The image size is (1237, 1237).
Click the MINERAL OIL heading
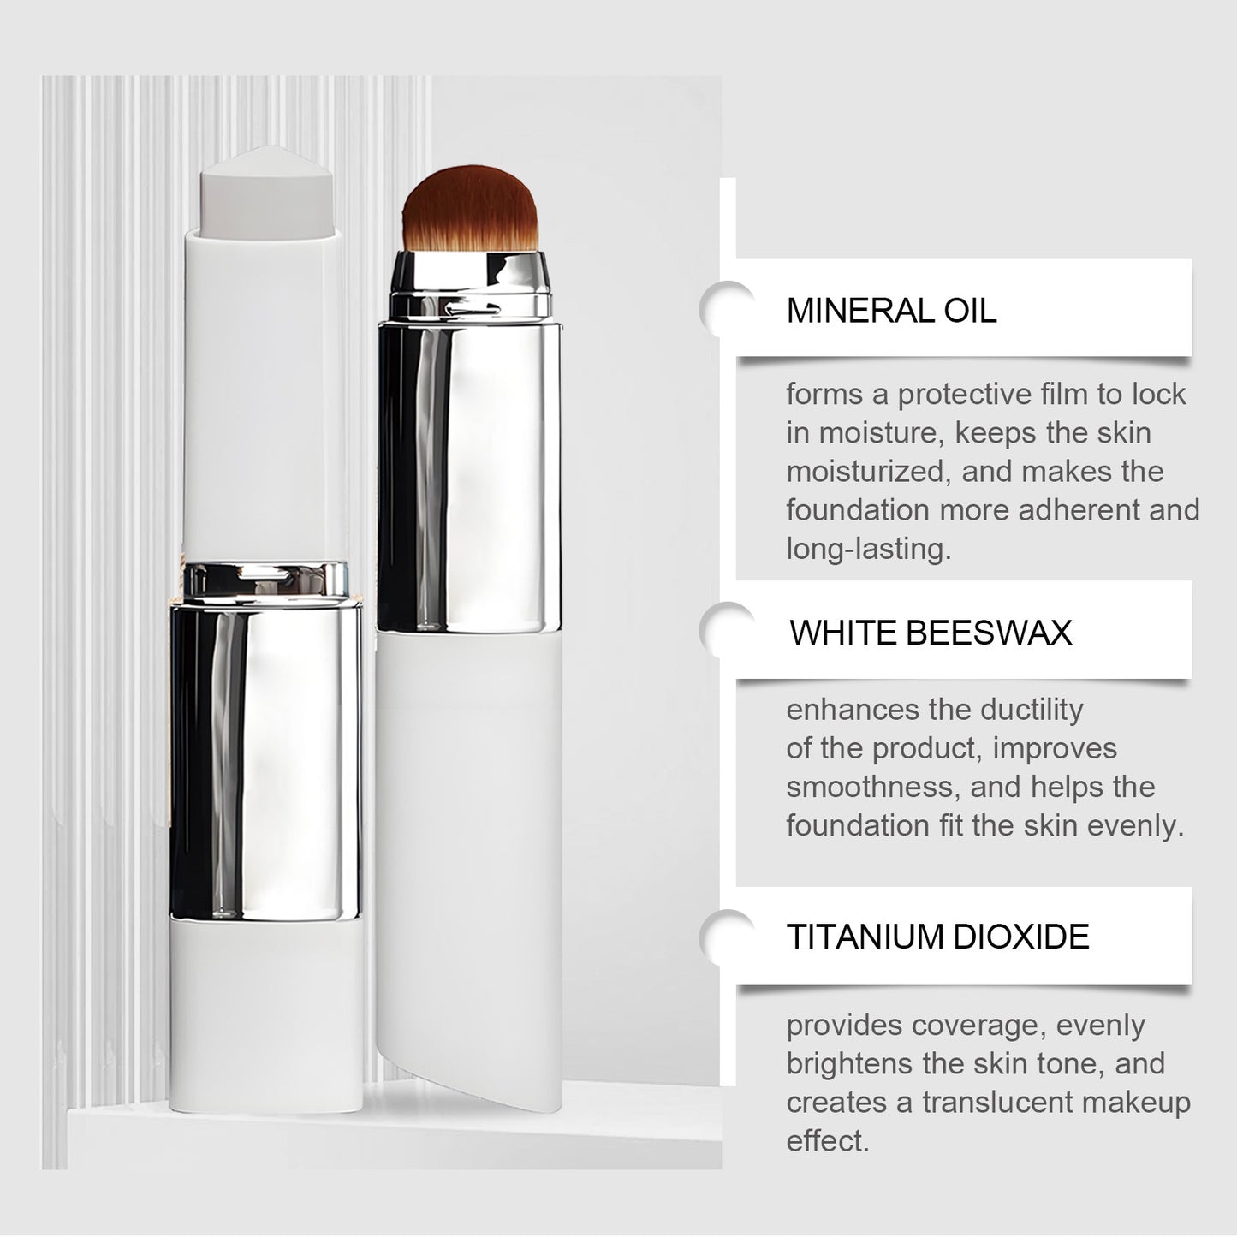click(891, 310)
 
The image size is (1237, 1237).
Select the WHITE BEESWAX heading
click(931, 633)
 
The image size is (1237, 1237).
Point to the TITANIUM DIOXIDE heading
click(937, 937)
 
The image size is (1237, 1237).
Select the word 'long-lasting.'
click(868, 549)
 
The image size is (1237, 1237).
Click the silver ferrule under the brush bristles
click(470, 279)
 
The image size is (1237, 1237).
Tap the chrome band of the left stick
click(265, 753)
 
